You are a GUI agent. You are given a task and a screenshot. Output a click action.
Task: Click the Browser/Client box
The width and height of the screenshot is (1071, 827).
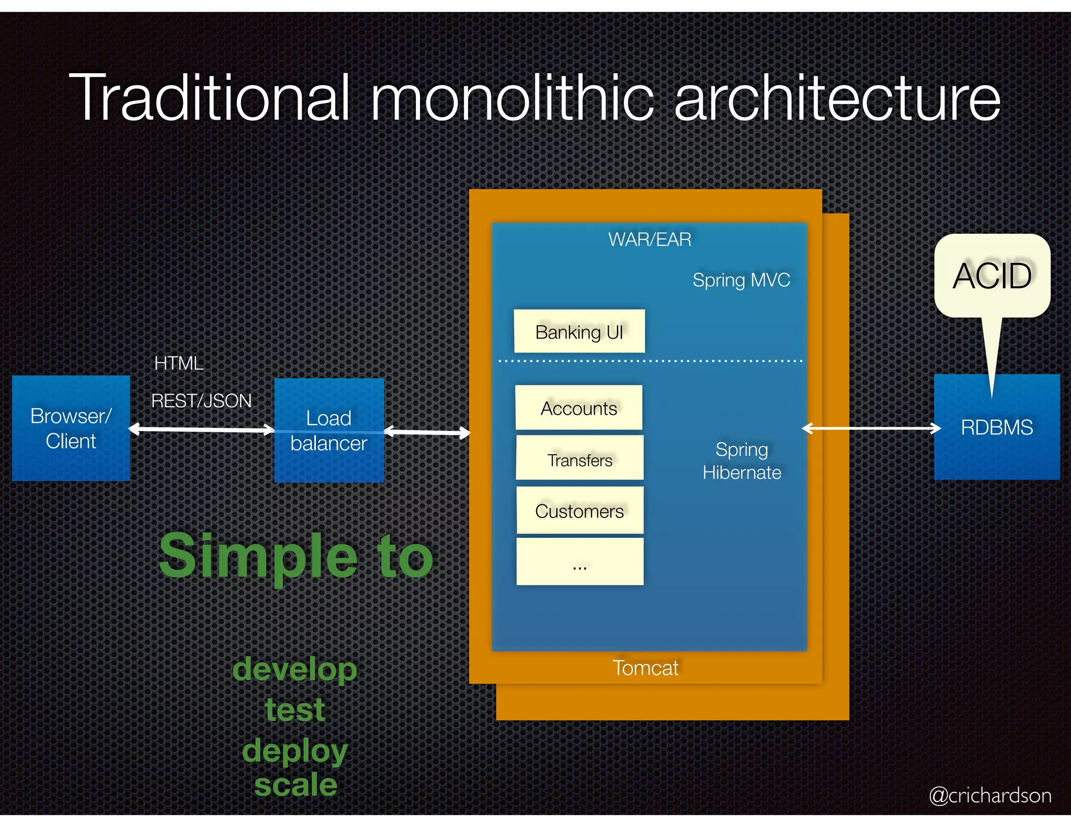click(x=71, y=428)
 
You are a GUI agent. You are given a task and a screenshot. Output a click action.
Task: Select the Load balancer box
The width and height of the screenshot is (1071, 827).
click(x=329, y=430)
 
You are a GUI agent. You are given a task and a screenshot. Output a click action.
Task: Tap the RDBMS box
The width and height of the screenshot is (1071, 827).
click(x=997, y=427)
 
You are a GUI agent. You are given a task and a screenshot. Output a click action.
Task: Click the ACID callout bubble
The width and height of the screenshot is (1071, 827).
click(x=992, y=275)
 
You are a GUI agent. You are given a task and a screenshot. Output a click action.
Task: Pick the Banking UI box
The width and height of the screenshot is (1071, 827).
click(x=579, y=331)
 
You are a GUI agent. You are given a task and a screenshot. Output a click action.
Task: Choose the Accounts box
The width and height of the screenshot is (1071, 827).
click(x=579, y=408)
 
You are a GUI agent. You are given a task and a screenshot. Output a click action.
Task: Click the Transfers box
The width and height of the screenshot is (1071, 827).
click(x=579, y=458)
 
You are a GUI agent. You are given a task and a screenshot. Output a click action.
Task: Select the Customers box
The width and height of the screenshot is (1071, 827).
click(x=579, y=511)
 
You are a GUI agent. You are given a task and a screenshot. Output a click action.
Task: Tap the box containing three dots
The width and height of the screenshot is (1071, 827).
click(x=579, y=562)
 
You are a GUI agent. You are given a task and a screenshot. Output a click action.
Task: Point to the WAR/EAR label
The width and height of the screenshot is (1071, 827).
click(x=649, y=239)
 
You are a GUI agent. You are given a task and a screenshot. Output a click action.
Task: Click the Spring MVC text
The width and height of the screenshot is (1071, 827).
click(x=741, y=280)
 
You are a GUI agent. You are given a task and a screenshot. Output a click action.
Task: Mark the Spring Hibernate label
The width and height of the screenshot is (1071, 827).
click(x=742, y=461)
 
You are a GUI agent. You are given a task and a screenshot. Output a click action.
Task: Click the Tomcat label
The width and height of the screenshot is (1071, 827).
click(x=645, y=668)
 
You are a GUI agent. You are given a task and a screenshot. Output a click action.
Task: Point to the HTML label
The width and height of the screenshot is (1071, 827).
click(x=179, y=363)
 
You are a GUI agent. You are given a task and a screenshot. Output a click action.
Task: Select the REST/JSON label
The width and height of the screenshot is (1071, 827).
click(x=201, y=401)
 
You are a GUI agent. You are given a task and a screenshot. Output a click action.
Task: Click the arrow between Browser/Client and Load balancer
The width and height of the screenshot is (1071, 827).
click(x=201, y=430)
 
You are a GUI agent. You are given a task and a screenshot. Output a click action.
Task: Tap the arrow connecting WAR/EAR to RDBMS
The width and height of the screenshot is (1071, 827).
click(x=871, y=429)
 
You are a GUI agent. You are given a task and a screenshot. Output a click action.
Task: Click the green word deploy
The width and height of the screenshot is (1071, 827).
click(x=295, y=751)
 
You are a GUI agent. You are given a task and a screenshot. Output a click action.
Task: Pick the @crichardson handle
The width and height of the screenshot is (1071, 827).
click(x=990, y=795)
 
